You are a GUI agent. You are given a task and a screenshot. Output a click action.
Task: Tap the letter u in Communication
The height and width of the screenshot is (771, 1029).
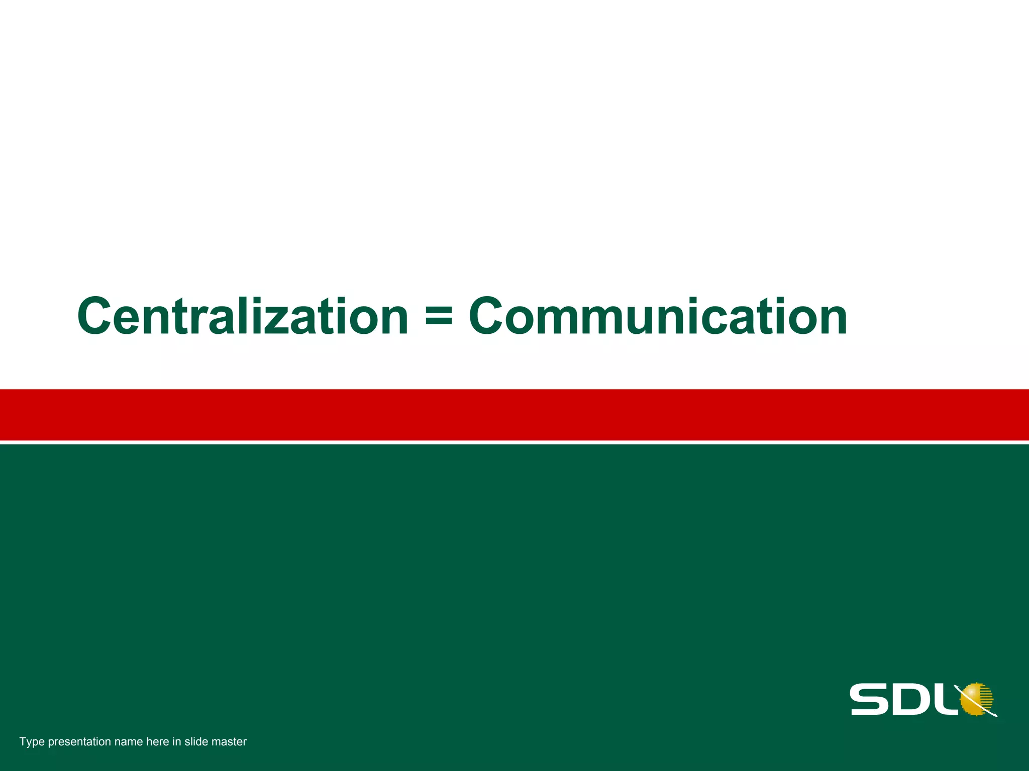(631, 321)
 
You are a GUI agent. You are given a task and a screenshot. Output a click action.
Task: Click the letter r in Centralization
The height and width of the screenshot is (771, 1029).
(196, 321)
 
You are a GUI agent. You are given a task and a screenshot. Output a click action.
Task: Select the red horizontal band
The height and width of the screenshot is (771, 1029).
(514, 415)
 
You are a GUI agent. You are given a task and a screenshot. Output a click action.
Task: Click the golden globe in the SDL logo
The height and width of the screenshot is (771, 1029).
(976, 698)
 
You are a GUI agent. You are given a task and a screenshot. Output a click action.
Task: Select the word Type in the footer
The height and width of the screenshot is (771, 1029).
(32, 742)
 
